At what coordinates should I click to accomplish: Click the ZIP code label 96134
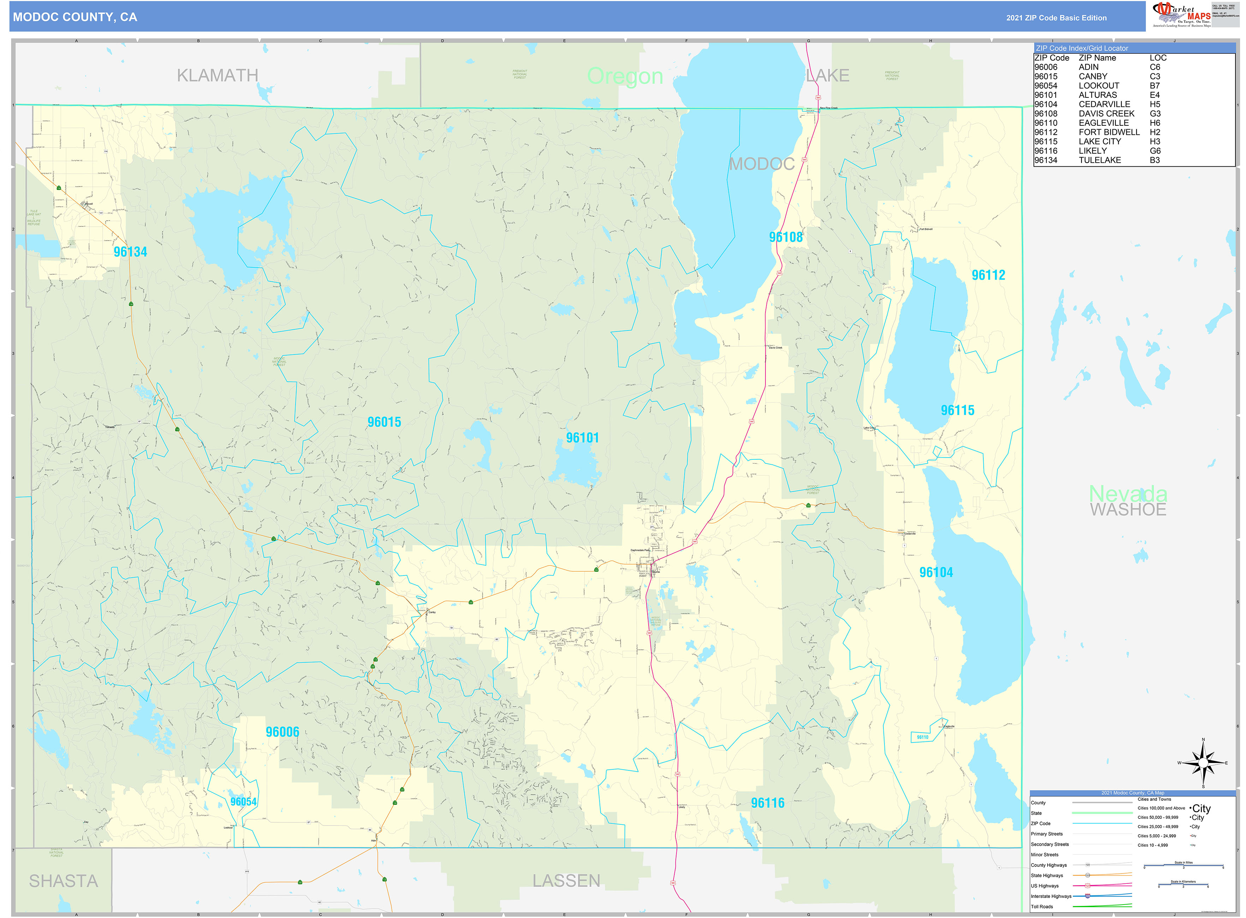(130, 252)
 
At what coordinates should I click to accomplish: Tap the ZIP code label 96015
(384, 422)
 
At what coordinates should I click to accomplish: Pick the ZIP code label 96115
(957, 410)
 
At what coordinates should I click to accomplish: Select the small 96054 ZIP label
(243, 801)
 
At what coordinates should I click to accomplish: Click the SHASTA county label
(63, 881)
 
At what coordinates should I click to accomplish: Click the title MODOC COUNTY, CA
(75, 17)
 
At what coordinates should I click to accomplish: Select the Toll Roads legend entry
(1042, 906)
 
